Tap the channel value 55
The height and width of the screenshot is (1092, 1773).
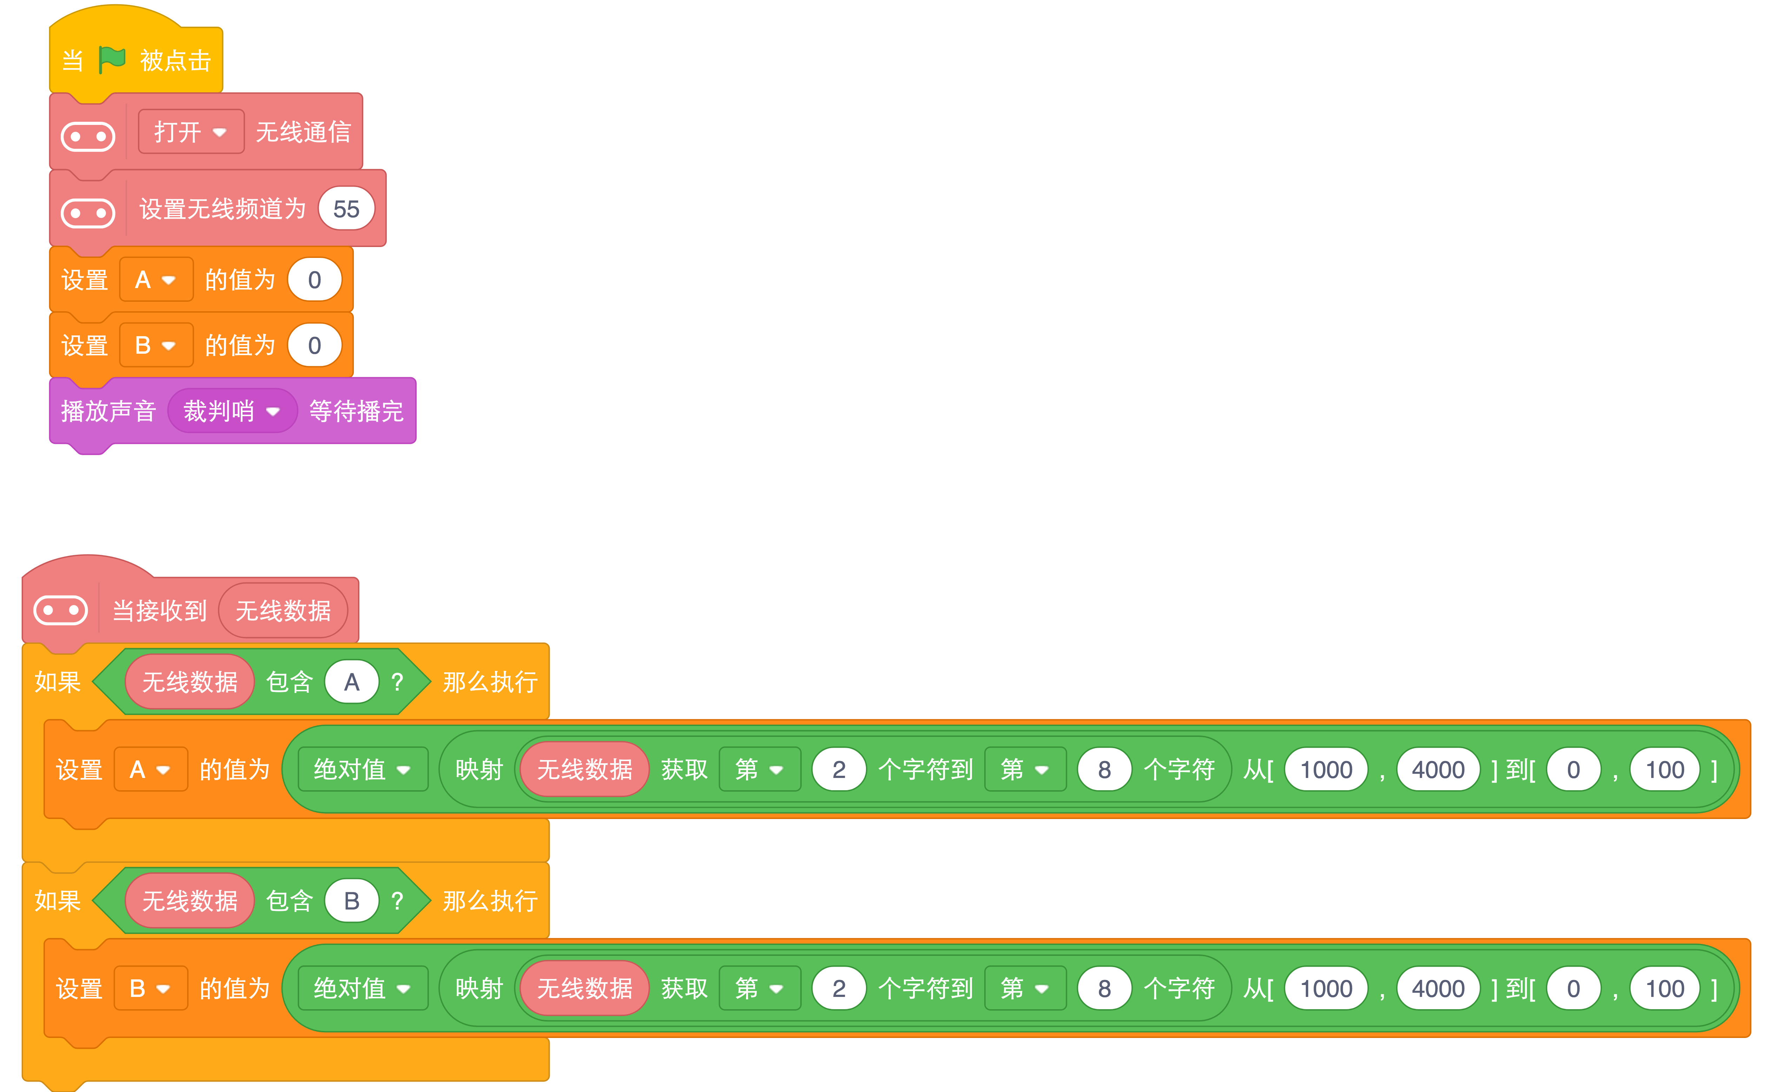346,209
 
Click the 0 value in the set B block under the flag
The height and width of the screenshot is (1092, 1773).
314,345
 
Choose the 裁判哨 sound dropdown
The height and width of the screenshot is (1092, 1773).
232,411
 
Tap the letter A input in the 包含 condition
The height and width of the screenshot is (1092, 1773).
352,682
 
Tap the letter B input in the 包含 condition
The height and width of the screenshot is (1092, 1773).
352,901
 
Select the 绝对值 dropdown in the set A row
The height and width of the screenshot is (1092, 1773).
363,769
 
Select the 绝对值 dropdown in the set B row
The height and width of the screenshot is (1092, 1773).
363,988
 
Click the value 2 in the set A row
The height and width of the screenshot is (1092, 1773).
839,769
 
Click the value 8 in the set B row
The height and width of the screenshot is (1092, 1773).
1104,988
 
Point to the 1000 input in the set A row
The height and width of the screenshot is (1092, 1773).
1327,769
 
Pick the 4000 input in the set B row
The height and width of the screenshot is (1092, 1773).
1438,988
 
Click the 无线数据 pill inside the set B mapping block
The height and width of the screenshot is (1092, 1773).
584,988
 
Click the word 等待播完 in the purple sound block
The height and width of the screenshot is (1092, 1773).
356,411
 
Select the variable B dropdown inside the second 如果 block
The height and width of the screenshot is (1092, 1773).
150,988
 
